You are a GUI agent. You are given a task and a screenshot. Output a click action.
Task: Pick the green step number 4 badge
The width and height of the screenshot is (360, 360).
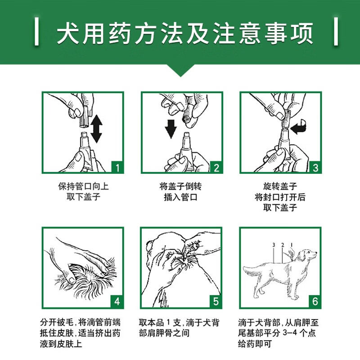click(x=117, y=301)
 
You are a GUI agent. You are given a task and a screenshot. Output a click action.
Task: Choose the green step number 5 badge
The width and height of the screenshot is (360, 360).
click(x=216, y=301)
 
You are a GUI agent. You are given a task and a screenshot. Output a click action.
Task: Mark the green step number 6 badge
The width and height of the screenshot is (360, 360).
click(x=315, y=301)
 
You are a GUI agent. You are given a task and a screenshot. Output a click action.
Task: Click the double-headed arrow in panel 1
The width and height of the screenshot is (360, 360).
click(x=96, y=129)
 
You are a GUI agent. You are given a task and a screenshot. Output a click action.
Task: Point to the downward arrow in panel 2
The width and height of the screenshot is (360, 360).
click(x=171, y=129)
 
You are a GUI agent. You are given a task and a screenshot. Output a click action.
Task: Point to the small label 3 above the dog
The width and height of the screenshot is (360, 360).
click(x=274, y=245)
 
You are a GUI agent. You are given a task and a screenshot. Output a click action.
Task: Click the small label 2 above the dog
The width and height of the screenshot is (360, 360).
click(x=283, y=245)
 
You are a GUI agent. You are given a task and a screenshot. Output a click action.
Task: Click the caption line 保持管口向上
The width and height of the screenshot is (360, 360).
click(x=83, y=186)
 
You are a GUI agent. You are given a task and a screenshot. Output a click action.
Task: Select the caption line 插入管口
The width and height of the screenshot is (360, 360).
click(x=181, y=197)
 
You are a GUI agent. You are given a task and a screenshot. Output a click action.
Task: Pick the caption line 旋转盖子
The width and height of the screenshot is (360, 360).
click(x=280, y=186)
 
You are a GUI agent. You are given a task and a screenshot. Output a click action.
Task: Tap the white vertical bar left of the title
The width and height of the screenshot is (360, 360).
click(x=36, y=31)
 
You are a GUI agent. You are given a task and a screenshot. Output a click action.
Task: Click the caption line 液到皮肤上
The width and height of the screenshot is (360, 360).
click(x=61, y=344)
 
